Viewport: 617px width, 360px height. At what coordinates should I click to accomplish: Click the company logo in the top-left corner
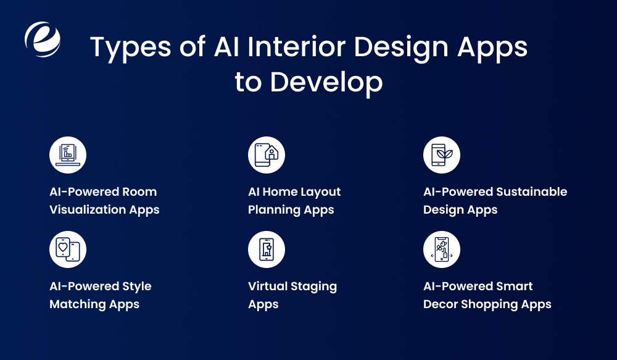pyautogui.click(x=43, y=39)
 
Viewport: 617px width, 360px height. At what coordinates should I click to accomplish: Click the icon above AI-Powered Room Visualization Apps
pyautogui.click(x=68, y=155)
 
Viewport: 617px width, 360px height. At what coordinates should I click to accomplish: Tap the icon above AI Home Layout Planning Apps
pyautogui.click(x=267, y=155)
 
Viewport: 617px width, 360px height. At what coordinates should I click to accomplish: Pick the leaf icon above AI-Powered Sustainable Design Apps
pyautogui.click(x=442, y=155)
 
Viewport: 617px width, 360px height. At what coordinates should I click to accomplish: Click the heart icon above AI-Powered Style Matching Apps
pyautogui.click(x=68, y=249)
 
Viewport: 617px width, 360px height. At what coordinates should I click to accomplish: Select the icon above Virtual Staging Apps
pyautogui.click(x=267, y=249)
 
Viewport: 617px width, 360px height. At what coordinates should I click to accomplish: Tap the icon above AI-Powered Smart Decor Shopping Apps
pyautogui.click(x=442, y=249)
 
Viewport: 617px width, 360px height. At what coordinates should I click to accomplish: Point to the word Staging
pyautogui.click(x=316, y=287)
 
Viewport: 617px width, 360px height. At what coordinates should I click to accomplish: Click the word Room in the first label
pyautogui.click(x=140, y=192)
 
